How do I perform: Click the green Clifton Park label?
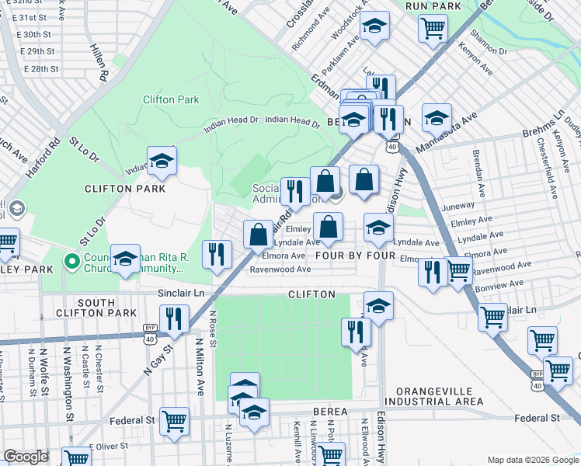point(171,99)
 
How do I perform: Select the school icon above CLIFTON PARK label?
point(162,161)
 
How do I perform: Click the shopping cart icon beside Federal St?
point(175,422)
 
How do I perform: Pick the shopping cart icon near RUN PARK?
point(433,29)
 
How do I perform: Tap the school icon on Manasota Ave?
point(437,118)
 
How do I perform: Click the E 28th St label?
point(40,69)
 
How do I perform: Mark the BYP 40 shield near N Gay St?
point(148,329)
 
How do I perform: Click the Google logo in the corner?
point(26,457)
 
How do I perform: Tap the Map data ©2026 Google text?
point(532,460)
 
